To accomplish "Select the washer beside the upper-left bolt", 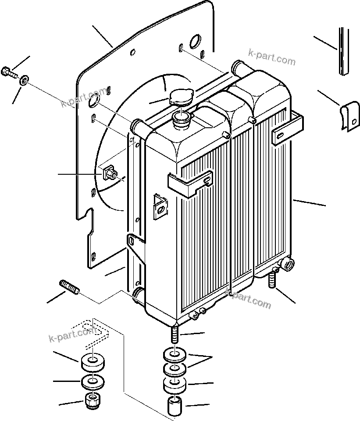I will (24, 79).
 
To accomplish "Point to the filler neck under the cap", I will (181, 119).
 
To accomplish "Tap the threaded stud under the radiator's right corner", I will (272, 279).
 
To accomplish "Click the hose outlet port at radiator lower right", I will (289, 265).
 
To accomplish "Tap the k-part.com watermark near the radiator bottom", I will (248, 299).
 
